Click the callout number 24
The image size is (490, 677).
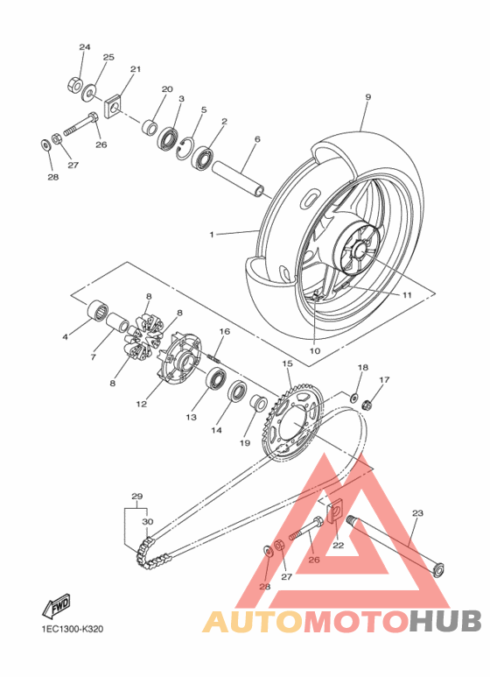click(85, 46)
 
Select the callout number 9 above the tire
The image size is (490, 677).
click(368, 96)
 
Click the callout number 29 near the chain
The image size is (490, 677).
click(136, 497)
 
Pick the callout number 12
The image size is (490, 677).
click(142, 404)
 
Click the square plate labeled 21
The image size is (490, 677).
click(113, 107)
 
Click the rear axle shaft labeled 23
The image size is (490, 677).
click(394, 547)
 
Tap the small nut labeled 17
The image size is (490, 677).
click(368, 405)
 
